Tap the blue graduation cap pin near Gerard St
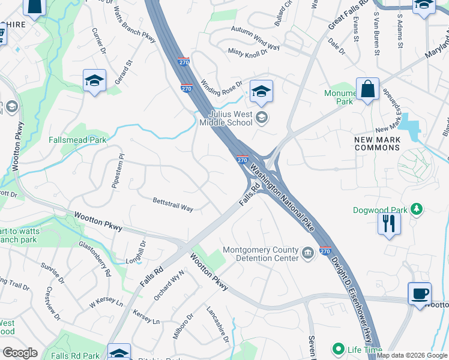94,80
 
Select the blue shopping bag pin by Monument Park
367,90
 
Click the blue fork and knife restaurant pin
389,223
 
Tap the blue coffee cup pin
420,294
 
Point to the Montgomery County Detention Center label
261,254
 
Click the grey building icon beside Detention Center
308,253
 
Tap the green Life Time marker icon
339,349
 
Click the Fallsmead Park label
77,140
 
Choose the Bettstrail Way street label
173,204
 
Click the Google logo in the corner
20,353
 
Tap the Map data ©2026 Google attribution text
412,355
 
